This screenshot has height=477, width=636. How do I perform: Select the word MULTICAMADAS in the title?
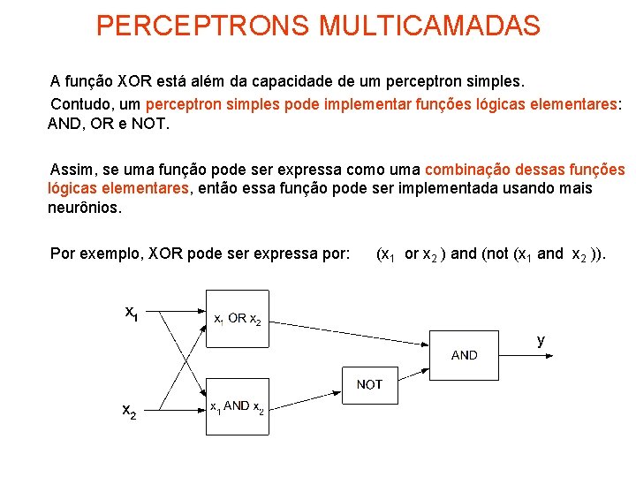(430, 26)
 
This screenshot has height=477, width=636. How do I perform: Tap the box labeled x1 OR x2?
(237, 319)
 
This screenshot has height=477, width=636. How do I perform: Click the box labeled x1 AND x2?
(237, 406)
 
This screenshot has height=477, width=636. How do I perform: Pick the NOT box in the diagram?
(369, 384)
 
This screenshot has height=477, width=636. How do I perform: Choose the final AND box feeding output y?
(464, 355)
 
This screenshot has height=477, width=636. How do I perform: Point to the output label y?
(541, 340)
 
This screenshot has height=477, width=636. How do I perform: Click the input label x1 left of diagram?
(131, 313)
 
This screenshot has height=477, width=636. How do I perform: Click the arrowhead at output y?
(550, 356)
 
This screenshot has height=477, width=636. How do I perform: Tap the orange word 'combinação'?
(466, 170)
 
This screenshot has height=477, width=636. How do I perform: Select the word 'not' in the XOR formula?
(496, 254)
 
